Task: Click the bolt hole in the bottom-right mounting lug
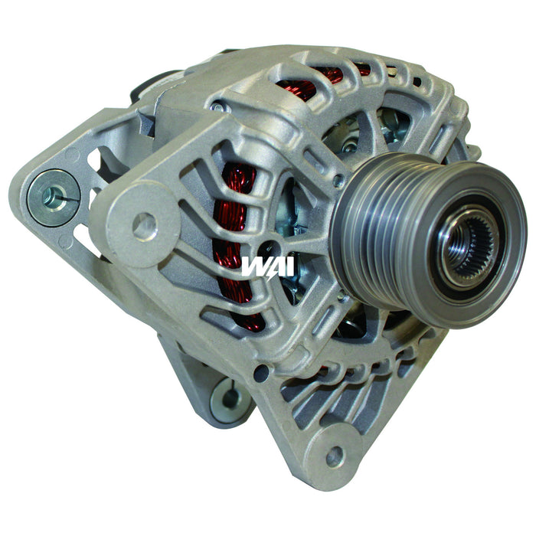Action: point(334,457)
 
